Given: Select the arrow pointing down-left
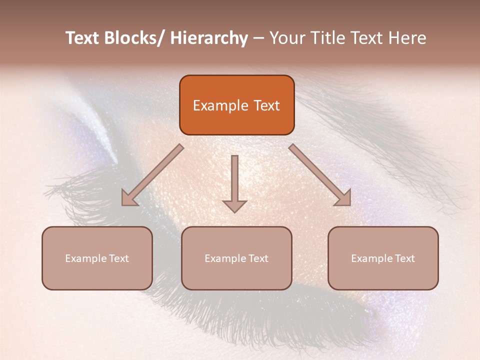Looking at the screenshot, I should (x=152, y=175).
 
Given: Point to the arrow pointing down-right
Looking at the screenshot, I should (x=320, y=175).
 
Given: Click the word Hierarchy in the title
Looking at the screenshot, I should (x=208, y=38).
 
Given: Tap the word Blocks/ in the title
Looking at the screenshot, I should (x=132, y=38).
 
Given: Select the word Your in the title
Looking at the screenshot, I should (x=287, y=38).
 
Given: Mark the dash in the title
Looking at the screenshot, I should (x=258, y=38).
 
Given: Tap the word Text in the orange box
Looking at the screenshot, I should (x=265, y=105).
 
